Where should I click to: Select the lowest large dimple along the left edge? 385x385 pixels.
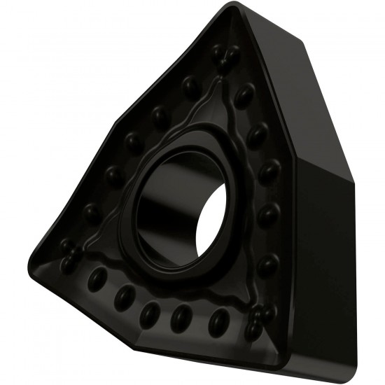click(x=91, y=212)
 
